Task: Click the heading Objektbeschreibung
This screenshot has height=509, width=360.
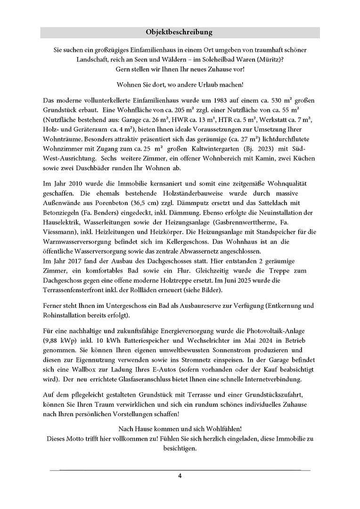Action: pos(180,32)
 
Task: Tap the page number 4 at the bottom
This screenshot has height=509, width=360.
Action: pos(180,475)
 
